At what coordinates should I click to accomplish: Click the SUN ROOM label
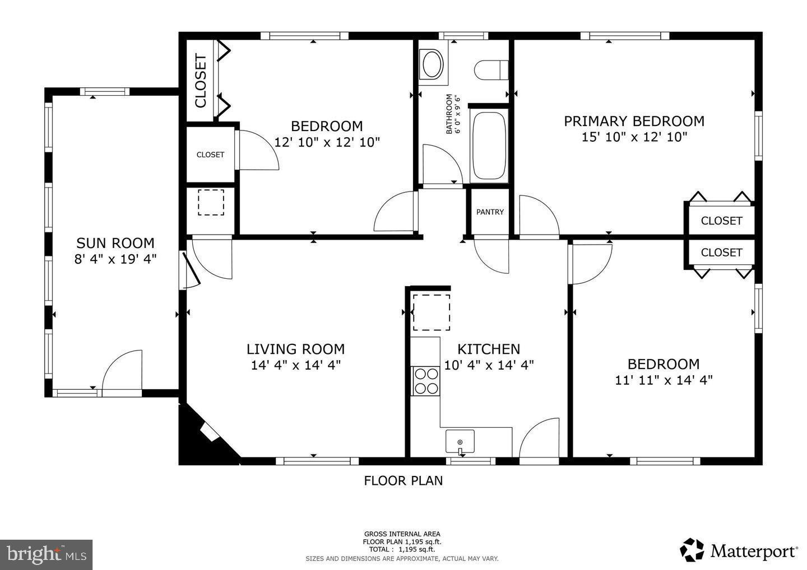(x=115, y=243)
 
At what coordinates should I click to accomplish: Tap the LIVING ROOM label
(x=295, y=349)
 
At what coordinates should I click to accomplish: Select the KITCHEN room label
(x=489, y=349)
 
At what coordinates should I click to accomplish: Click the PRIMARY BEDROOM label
(x=634, y=122)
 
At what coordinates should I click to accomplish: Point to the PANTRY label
(x=490, y=212)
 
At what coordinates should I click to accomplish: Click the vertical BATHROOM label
(x=449, y=114)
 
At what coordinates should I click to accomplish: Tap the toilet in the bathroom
(x=491, y=70)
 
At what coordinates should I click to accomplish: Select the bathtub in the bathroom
(x=489, y=145)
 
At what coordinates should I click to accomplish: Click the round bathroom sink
(x=432, y=64)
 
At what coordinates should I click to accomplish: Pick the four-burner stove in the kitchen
(x=425, y=381)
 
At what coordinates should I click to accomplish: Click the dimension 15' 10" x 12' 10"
(x=634, y=137)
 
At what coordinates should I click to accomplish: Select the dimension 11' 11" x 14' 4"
(x=664, y=380)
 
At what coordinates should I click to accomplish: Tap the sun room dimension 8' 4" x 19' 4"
(x=115, y=259)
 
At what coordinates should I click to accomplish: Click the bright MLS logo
(x=46, y=554)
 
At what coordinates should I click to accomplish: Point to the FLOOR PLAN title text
(x=403, y=480)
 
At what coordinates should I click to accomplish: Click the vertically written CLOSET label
(x=201, y=81)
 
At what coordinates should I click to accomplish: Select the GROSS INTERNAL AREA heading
(x=402, y=534)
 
